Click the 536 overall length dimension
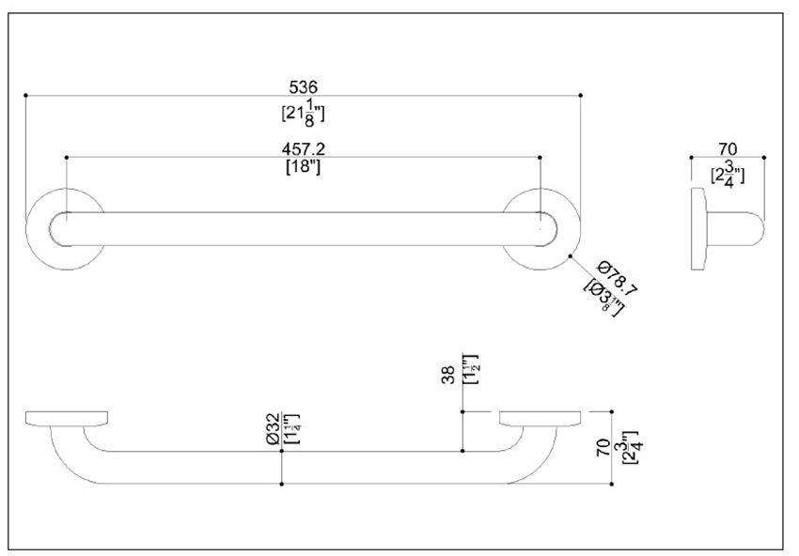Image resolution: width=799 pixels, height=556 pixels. point(303,87)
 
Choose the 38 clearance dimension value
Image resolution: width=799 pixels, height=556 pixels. point(448,375)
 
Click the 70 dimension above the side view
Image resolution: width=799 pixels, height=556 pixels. point(726,148)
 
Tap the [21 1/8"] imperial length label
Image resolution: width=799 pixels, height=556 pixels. point(303,112)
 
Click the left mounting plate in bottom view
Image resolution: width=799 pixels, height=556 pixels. point(67,417)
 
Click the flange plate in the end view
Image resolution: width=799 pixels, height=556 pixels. point(697,229)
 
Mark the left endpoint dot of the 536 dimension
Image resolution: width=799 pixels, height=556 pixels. point(25,96)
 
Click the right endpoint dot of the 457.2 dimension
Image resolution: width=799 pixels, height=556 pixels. point(540,157)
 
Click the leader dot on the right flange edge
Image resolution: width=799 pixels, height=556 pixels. point(570,254)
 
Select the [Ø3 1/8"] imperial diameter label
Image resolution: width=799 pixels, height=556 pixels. point(602,295)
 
